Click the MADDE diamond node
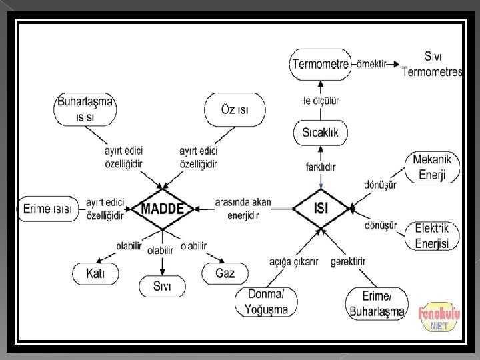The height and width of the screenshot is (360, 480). (162, 209)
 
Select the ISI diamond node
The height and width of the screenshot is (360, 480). (321, 209)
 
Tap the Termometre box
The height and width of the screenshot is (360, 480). (320, 64)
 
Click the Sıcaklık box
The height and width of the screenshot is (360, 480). (321, 132)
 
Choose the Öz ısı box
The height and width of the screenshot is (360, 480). (235, 109)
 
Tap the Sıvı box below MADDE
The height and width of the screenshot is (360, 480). (162, 287)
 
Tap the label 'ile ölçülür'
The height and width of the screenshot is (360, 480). (321, 101)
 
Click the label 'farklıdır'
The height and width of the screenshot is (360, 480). (321, 166)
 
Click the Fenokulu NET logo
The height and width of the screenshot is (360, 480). (437, 317)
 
